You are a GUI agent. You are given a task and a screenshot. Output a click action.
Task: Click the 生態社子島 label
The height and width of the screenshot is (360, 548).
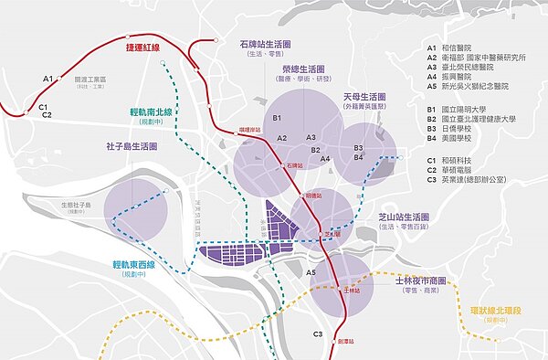point(78,205)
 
